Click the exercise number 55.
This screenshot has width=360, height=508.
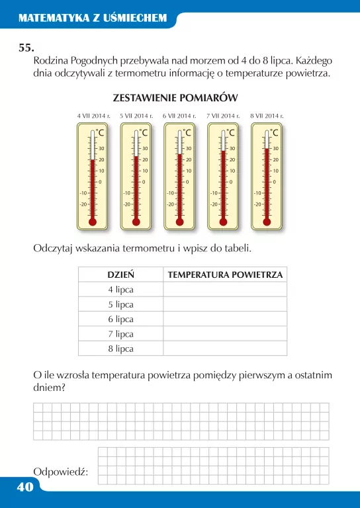[26, 48]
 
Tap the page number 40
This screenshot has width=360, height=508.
[17, 487]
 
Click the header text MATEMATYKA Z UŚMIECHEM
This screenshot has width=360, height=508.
[93, 19]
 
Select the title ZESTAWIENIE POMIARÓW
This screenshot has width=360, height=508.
[175, 98]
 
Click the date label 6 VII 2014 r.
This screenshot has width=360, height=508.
[179, 116]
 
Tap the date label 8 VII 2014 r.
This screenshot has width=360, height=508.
[267, 116]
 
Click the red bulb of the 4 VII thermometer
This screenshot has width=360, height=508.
[92, 222]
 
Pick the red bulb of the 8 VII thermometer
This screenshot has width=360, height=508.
[267, 222]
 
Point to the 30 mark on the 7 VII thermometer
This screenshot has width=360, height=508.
[232, 148]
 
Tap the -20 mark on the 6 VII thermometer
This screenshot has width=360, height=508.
[170, 204]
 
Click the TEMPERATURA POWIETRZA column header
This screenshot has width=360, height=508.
[225, 275]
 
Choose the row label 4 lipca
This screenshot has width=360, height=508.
[121, 290]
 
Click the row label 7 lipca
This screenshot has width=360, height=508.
[121, 333]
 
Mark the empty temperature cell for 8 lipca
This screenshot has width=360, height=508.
[225, 348]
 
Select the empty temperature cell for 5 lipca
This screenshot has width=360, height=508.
[225, 304]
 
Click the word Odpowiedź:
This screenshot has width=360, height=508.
[60, 471]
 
